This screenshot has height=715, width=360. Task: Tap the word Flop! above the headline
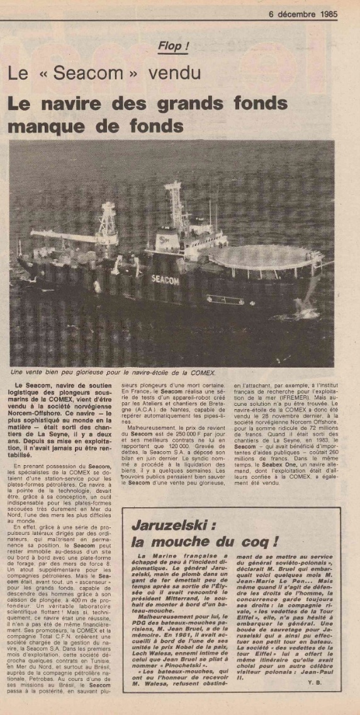coord(173,46)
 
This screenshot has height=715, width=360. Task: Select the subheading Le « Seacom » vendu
coord(104,73)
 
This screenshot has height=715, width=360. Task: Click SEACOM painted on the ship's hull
coord(166,279)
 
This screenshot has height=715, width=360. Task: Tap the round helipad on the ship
coord(267,256)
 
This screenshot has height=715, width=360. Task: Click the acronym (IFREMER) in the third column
coord(305,397)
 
